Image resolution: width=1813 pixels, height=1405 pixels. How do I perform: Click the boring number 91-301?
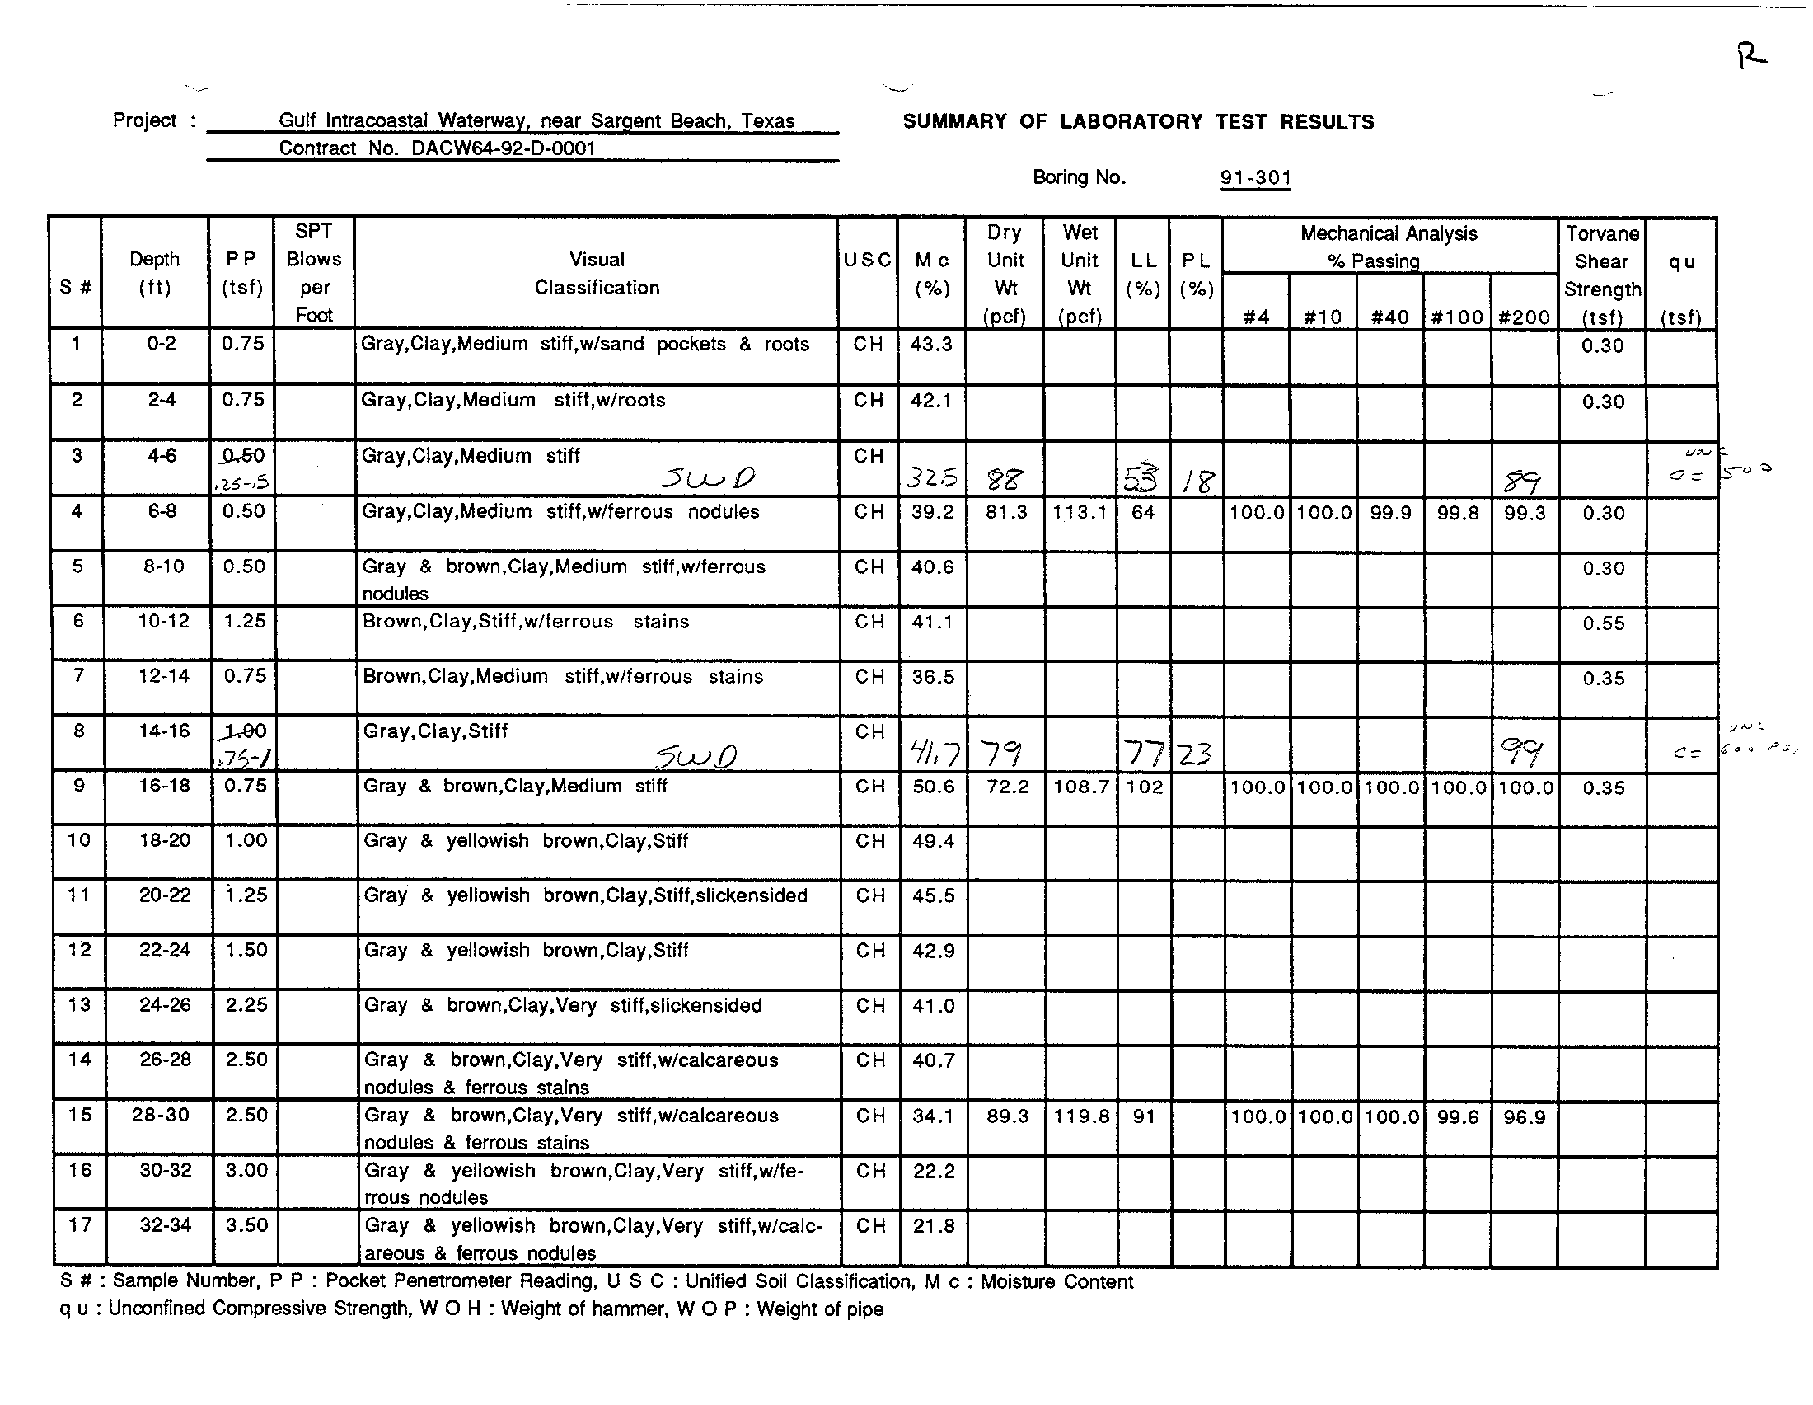click(1255, 178)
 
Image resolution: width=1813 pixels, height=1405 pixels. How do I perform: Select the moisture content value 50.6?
click(933, 787)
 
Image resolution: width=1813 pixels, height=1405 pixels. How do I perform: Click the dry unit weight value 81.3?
click(1006, 512)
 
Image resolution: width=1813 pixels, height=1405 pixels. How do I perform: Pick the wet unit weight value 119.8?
click(1082, 1117)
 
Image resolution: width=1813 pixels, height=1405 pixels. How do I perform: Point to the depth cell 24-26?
click(164, 1006)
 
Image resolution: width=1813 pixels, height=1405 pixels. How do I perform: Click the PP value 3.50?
click(246, 1225)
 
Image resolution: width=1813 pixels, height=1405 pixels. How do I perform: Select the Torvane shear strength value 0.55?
click(1603, 623)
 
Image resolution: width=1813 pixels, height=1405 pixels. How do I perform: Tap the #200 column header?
click(1524, 317)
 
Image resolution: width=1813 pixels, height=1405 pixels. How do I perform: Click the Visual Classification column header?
click(597, 273)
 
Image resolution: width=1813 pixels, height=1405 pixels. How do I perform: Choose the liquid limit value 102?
click(1145, 787)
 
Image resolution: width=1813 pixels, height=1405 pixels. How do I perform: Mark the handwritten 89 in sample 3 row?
click(1522, 481)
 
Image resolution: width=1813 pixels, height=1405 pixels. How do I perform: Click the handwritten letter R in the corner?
click(1751, 56)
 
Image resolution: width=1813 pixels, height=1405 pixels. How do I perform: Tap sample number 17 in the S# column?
click(80, 1225)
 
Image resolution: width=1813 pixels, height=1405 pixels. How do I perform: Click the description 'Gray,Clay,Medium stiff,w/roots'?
click(513, 400)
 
